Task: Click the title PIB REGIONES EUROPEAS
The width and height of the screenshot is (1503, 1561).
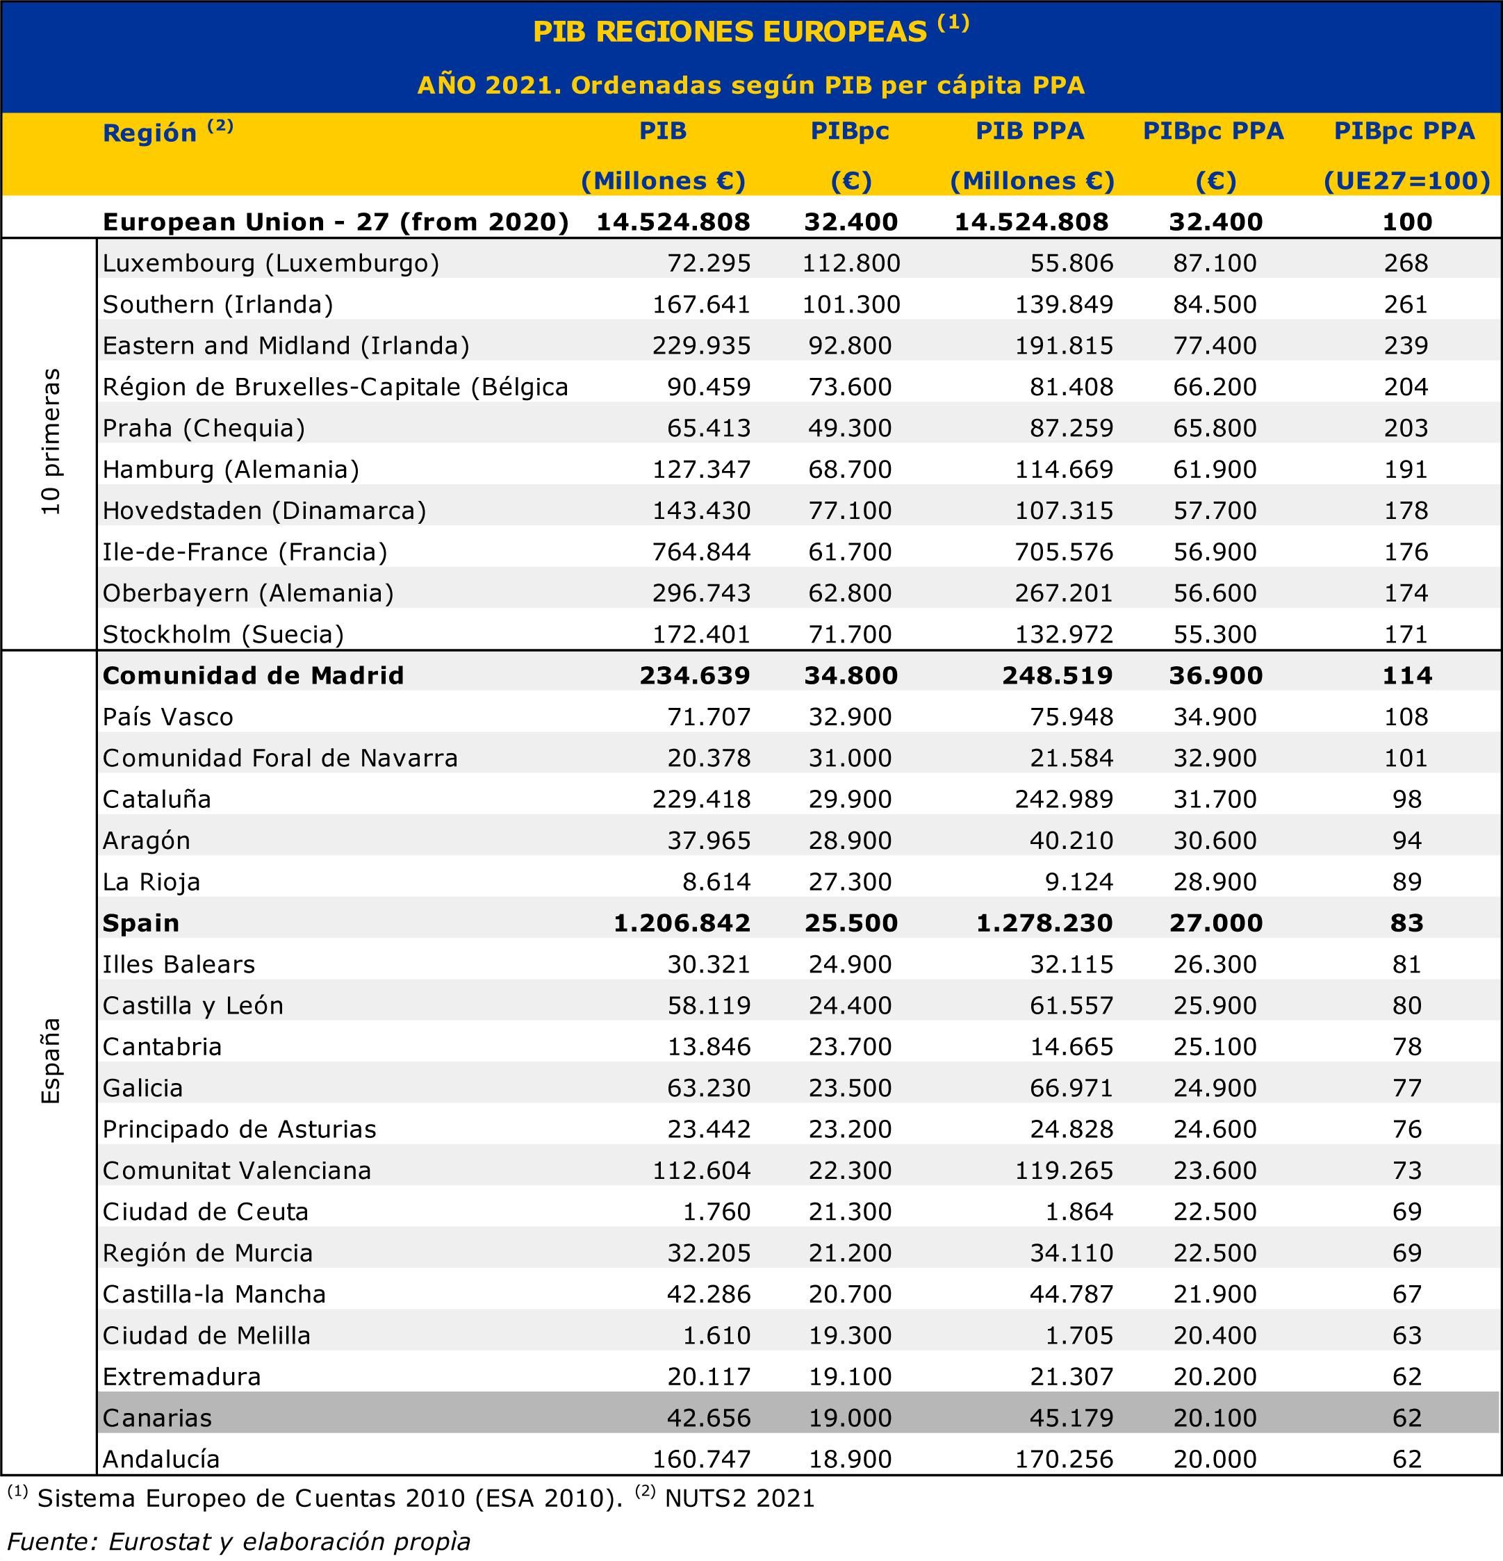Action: point(730,32)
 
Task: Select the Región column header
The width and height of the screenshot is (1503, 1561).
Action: point(149,132)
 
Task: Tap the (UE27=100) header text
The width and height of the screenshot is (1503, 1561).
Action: point(1406,181)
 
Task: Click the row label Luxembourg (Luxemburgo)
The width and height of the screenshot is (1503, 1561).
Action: point(271,263)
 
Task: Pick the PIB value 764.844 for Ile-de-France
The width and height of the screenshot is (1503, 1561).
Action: point(701,551)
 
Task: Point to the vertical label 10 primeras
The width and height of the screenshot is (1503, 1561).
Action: point(51,441)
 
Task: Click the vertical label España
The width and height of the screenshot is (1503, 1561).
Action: point(51,1061)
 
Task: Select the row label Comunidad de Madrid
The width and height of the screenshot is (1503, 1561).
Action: point(254,675)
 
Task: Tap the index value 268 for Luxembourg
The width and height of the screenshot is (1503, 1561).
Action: point(1406,263)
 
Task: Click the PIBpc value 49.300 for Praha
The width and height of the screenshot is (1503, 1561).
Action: point(850,428)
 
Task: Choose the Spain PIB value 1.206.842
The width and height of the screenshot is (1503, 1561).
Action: point(682,923)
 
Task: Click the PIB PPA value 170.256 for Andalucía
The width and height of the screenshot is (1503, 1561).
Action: point(1063,1458)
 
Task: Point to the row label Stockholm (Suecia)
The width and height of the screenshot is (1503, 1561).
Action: point(223,634)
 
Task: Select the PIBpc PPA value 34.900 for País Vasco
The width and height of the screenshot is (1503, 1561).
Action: point(1215,716)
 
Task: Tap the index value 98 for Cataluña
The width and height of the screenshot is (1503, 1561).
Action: point(1406,799)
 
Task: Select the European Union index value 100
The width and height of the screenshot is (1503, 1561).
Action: point(1406,222)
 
